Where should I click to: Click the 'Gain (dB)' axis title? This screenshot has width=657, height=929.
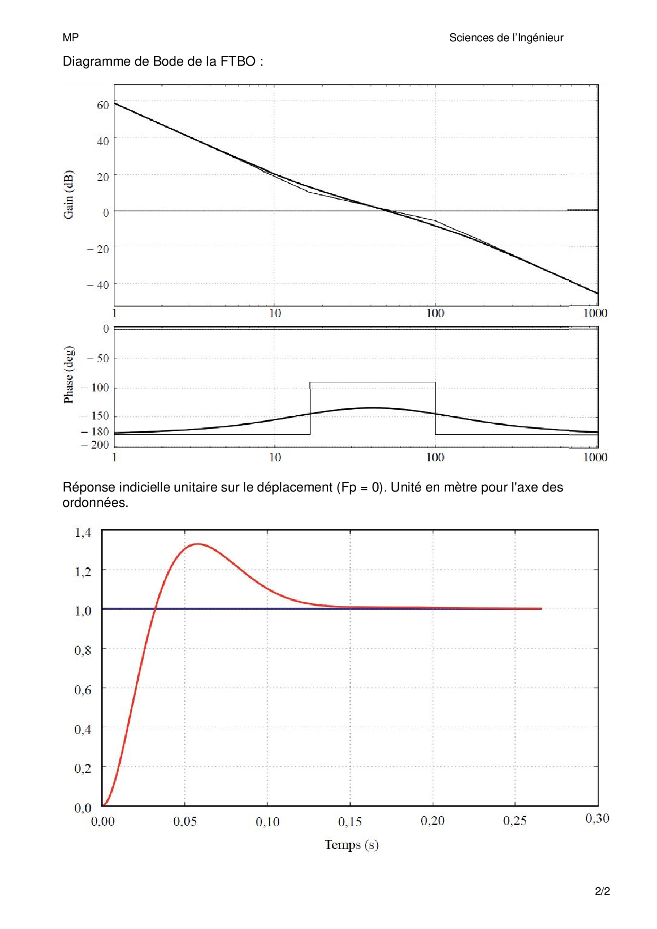[69, 194]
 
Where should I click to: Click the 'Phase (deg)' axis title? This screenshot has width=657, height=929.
[69, 374]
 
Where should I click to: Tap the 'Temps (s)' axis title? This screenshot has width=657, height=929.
[351, 844]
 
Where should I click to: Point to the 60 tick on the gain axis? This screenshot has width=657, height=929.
[103, 105]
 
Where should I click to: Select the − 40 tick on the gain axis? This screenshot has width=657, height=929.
[99, 285]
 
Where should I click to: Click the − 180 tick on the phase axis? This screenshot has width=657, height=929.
[95, 432]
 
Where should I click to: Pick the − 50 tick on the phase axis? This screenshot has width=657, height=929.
[98, 359]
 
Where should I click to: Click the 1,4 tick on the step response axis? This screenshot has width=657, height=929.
[83, 532]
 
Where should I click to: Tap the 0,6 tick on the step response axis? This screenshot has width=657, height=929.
[83, 690]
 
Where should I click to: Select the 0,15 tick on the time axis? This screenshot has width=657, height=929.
[350, 821]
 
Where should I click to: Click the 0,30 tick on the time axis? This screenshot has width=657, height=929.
[597, 818]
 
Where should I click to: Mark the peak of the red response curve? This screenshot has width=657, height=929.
[198, 544]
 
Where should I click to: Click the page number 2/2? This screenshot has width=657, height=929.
[602, 891]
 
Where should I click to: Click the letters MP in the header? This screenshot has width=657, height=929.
[70, 38]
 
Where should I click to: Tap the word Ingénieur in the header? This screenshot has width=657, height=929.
[540, 38]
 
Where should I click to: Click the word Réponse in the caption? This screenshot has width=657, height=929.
[89, 487]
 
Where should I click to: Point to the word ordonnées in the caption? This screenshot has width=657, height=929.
[95, 503]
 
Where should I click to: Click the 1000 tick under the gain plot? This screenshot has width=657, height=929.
[595, 313]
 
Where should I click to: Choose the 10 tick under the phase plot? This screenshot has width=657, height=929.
[275, 457]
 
